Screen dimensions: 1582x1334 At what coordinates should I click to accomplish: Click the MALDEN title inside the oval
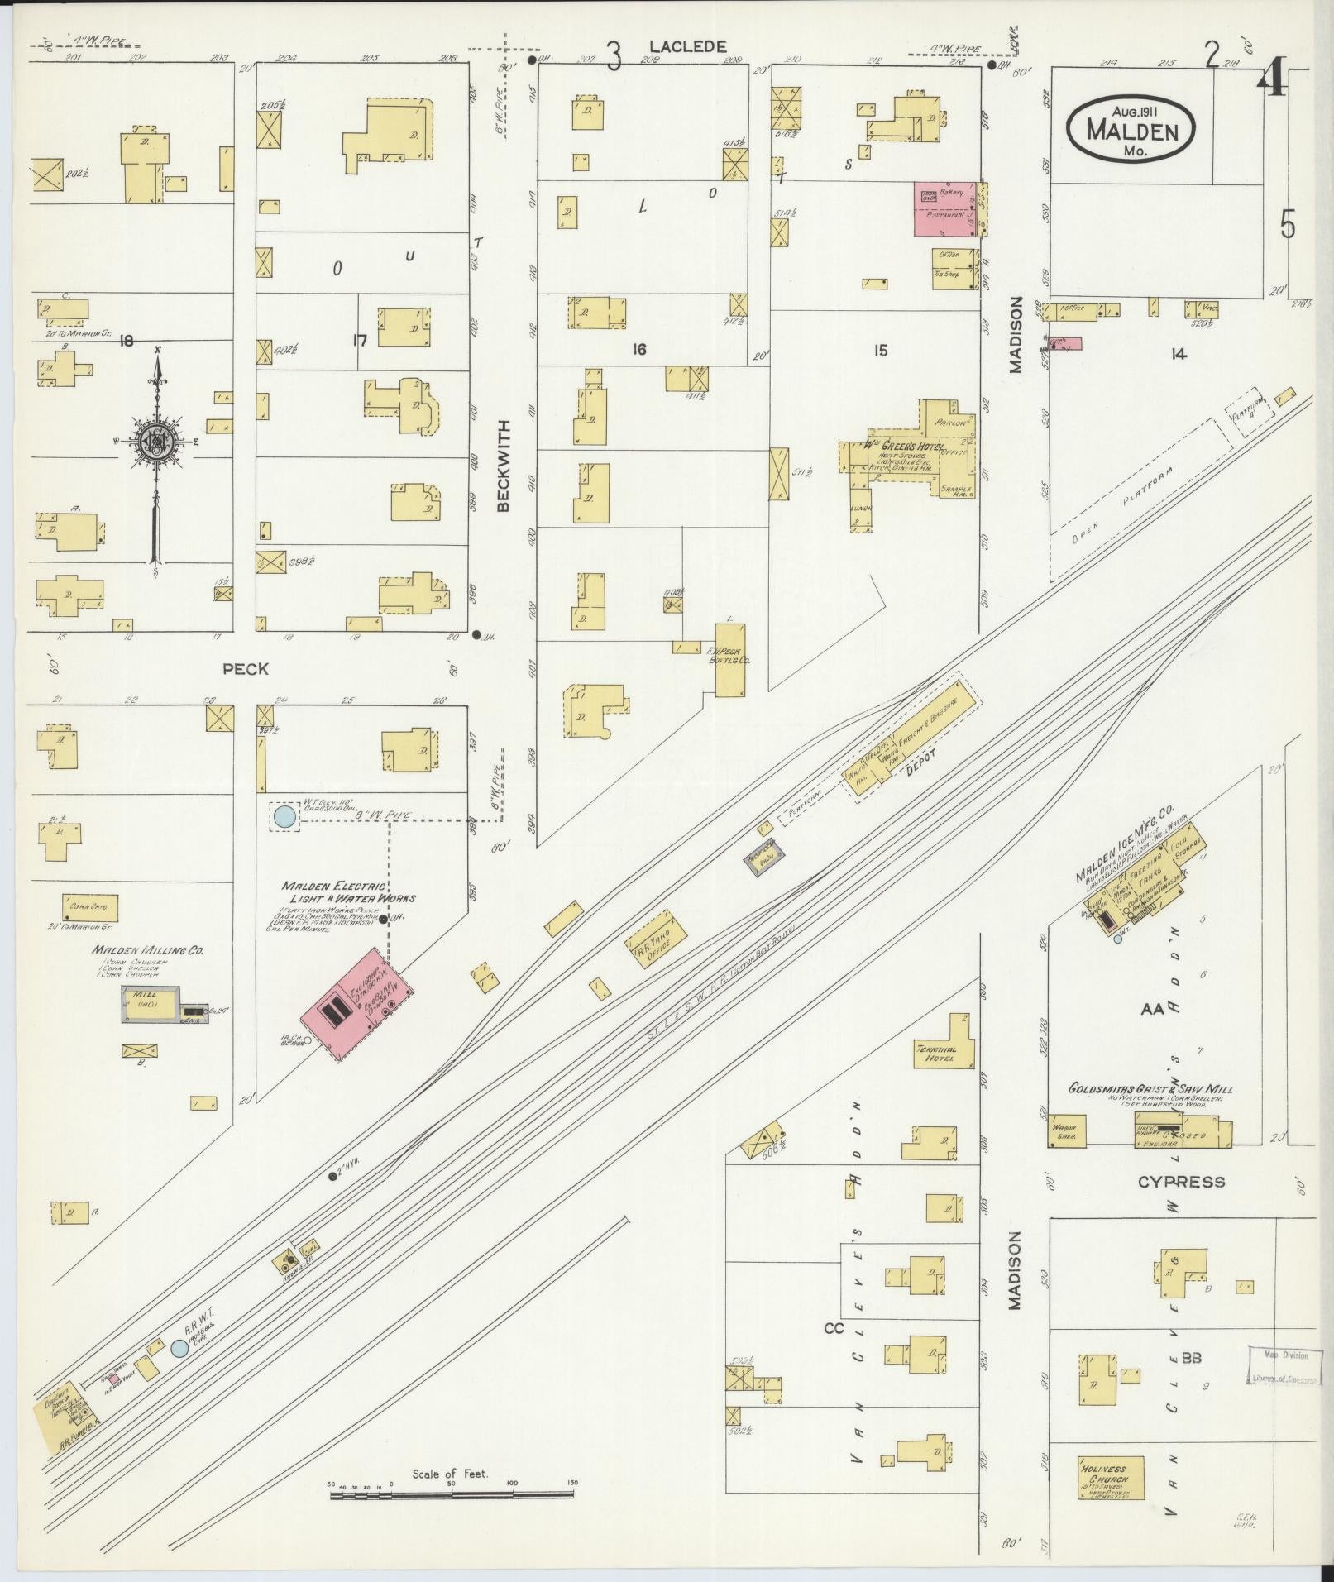point(1130,129)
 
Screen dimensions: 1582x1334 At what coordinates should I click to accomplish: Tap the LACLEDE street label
point(687,47)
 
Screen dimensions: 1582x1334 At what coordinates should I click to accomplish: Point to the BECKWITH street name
point(504,466)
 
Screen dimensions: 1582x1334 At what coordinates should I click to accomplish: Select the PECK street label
point(246,668)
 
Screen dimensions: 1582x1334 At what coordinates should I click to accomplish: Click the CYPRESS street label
point(1181,1182)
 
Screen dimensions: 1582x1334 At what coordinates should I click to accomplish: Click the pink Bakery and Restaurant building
point(946,208)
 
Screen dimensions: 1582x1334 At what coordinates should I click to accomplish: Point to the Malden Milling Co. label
point(148,951)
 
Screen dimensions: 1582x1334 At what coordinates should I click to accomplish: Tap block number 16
point(638,350)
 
